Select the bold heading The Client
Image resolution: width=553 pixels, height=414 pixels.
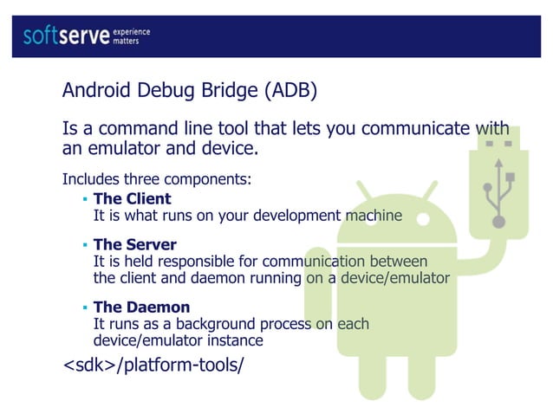pos(132,199)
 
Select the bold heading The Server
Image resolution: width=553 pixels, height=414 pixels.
pos(134,245)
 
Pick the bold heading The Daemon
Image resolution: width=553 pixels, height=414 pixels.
pos(141,307)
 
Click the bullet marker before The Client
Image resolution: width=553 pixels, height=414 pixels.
pos(85,200)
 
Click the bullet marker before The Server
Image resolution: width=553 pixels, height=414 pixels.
pos(85,246)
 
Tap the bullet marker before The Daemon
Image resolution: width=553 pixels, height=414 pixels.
pos(85,308)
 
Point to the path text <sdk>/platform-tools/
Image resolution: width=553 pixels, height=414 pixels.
pos(153,365)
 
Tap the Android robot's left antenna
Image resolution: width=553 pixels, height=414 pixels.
pos(365,190)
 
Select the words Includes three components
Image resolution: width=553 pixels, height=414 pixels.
pos(156,180)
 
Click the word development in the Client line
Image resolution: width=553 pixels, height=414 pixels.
pos(306,216)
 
